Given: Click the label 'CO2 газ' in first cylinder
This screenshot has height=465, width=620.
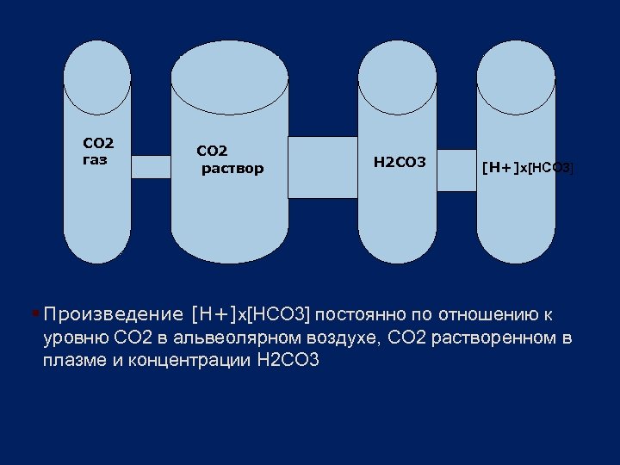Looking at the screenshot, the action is [98, 151].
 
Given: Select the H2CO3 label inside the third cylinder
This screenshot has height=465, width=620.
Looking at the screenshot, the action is [399, 161].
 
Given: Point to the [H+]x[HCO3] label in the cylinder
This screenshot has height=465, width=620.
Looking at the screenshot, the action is [527, 167].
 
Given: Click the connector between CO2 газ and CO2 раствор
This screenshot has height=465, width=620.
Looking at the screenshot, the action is [151, 166].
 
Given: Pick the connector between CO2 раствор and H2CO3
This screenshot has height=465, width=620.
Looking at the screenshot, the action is [322, 167].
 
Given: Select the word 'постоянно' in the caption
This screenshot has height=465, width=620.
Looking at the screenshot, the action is [354, 313].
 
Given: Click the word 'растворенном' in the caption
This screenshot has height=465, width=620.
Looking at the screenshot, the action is [493, 337].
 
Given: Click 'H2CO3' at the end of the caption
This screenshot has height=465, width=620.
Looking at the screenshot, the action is [288, 361].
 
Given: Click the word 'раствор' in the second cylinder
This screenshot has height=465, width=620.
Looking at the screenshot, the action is [232, 168].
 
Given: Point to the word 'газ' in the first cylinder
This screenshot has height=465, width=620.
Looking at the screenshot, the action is [95, 159].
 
